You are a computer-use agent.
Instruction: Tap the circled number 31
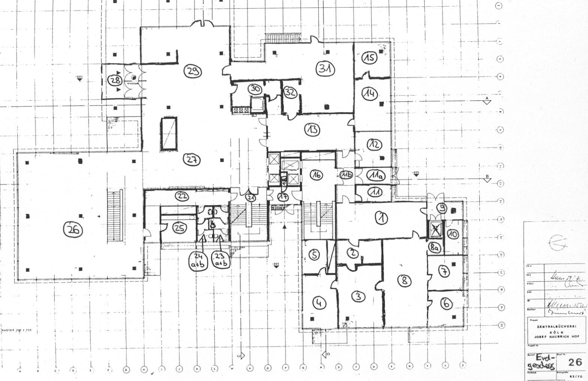tap(325, 69)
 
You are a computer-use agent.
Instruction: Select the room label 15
tap(369, 58)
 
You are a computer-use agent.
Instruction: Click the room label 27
tap(191, 160)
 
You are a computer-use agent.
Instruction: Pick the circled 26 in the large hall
tap(73, 230)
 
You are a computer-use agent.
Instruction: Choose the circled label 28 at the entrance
tap(114, 80)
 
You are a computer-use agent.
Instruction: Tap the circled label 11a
tap(375, 176)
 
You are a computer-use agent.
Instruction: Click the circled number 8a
tap(434, 247)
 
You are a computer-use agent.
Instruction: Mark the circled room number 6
tap(446, 303)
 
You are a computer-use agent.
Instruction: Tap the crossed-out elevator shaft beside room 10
tap(435, 229)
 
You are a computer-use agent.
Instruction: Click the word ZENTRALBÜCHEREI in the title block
tap(555, 327)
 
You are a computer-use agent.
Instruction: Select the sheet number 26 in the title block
tap(574, 362)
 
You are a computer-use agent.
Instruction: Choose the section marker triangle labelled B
tap(487, 179)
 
